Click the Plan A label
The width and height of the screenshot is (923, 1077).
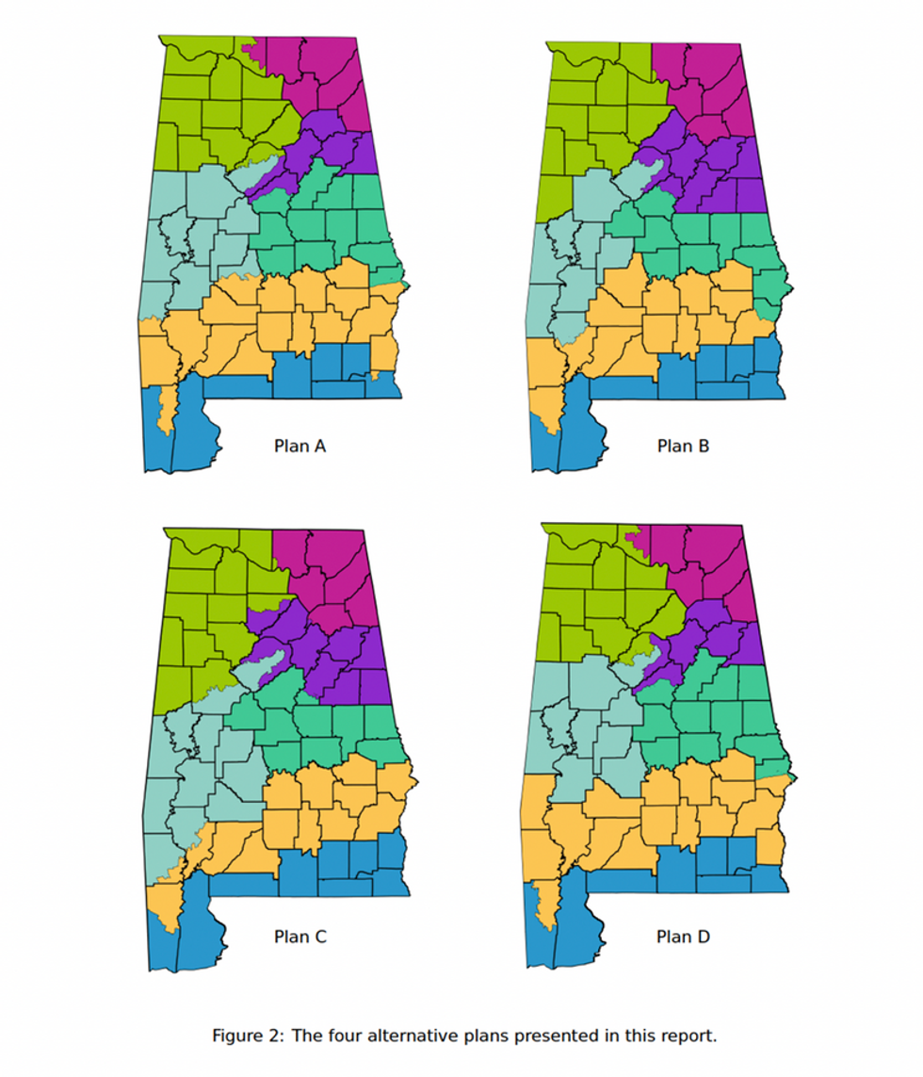(300, 446)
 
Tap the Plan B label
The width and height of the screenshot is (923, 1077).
(683, 446)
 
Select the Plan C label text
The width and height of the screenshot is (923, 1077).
(300, 937)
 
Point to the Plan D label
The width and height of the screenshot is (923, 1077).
(683, 937)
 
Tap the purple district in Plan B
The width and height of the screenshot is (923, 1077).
(721, 174)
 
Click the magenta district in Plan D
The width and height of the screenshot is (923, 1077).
(711, 565)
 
